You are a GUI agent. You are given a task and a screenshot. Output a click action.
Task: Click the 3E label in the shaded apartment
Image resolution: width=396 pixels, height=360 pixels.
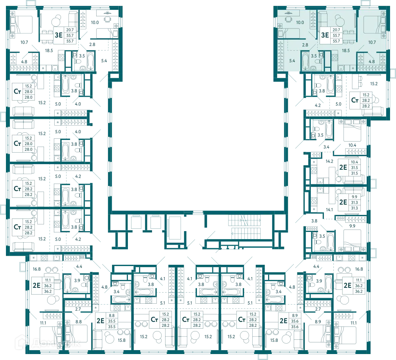point(325,35)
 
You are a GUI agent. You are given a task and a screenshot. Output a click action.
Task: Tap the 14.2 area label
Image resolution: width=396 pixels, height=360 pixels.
point(329,161)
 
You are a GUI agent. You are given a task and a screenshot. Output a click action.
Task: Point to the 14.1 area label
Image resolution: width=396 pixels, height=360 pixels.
point(329,210)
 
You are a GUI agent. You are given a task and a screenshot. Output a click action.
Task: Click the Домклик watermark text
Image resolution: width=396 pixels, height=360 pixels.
point(48,343)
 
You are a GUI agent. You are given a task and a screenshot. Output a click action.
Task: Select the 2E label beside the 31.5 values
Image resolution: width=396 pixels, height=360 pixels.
point(343,167)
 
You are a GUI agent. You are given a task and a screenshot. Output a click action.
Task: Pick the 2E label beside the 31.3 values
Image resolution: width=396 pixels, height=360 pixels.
point(343,202)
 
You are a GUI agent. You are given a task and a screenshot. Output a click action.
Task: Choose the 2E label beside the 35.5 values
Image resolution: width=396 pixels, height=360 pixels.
point(101,321)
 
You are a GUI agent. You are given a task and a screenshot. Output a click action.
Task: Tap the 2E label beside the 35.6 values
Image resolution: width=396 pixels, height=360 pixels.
point(284,321)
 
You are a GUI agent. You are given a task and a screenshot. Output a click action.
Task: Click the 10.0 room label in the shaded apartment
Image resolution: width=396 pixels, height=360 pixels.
point(300,23)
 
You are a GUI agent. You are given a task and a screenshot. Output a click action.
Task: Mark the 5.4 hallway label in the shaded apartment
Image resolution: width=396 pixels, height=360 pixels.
point(292,61)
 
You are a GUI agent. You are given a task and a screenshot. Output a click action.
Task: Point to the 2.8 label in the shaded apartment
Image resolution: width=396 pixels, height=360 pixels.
point(305,45)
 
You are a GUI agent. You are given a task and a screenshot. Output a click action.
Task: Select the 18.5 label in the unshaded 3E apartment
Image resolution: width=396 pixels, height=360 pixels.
point(49,51)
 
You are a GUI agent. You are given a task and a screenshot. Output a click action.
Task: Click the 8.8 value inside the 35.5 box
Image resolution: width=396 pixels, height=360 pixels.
point(112,316)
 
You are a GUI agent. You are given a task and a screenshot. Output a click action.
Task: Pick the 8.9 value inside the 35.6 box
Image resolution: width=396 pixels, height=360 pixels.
point(295,316)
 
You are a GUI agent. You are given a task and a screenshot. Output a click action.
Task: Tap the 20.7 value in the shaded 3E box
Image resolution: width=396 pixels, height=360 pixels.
point(336,30)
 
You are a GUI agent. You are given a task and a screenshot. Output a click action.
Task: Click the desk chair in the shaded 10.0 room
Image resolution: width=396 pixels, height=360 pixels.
point(288,19)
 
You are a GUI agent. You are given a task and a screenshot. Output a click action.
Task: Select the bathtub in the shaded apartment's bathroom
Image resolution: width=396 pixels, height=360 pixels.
point(305,61)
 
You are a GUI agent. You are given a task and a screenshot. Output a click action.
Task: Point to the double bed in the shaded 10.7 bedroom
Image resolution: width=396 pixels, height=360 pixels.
point(375,25)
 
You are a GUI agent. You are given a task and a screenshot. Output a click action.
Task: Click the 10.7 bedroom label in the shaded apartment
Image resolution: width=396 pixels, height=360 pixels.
point(372,42)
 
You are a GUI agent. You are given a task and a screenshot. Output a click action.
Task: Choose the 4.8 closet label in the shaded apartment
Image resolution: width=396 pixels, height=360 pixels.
point(371,61)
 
